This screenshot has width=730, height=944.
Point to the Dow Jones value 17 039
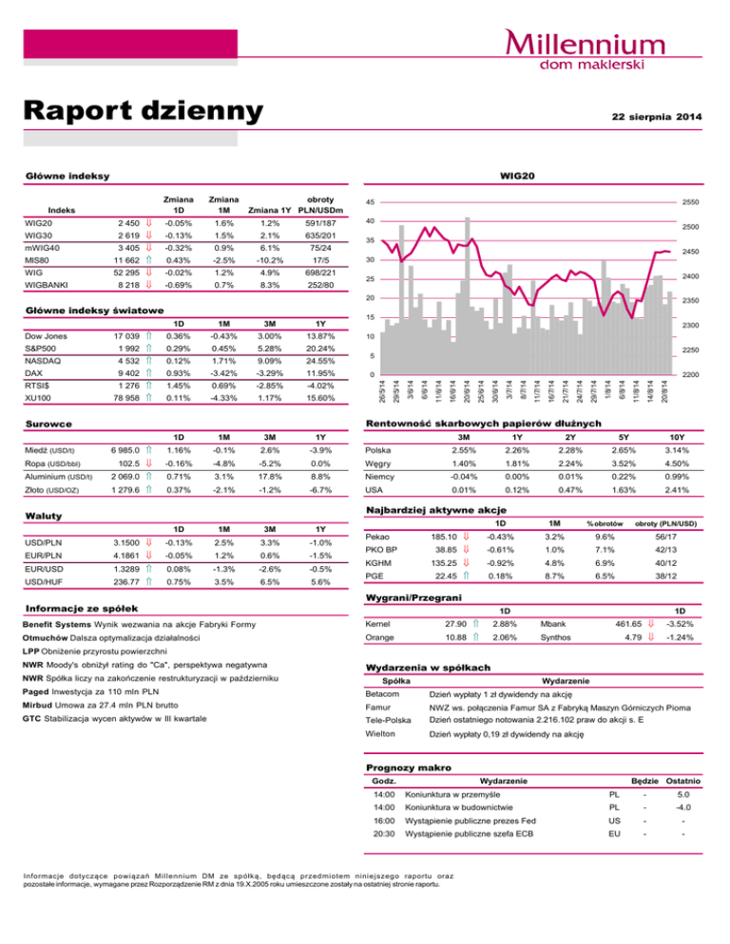pyautogui.click(x=125, y=337)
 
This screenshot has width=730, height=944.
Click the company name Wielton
pyautogui.click(x=382, y=735)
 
